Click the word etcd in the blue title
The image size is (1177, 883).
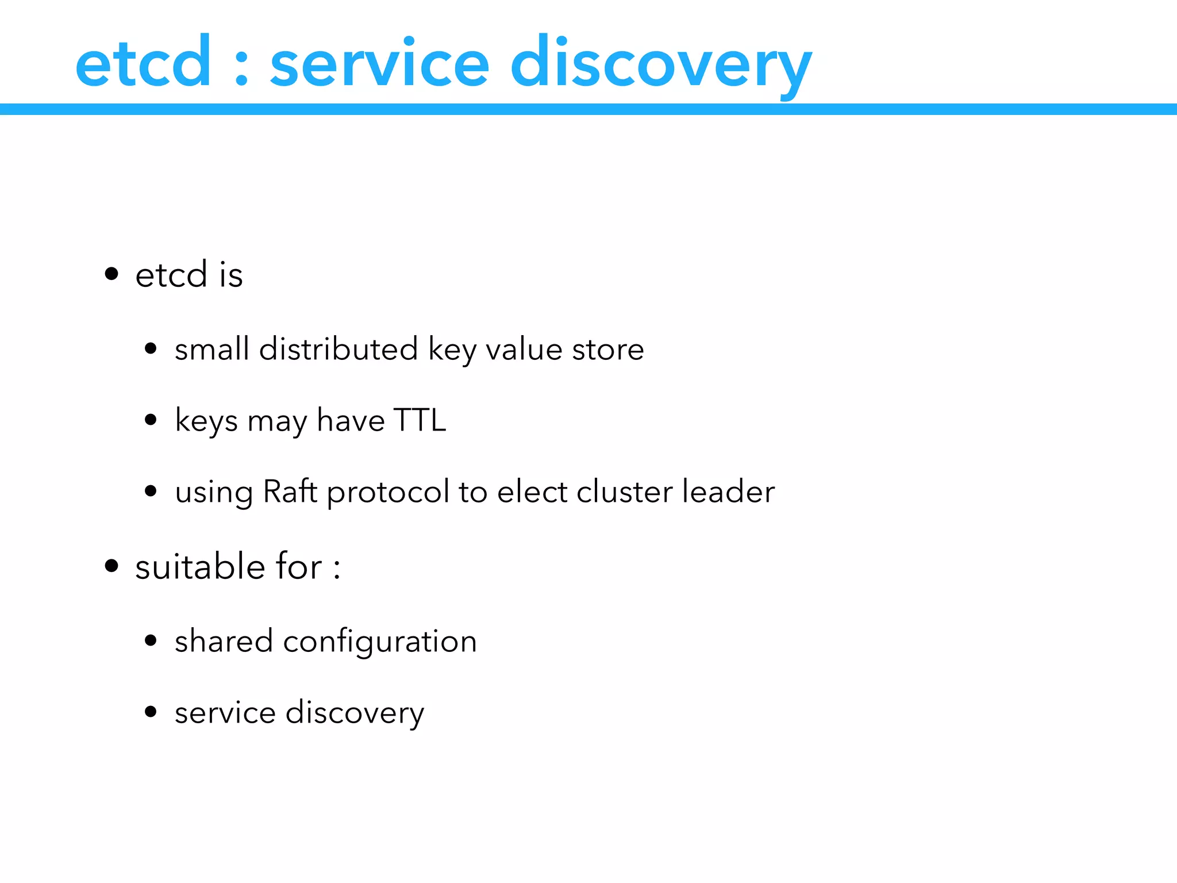(x=143, y=62)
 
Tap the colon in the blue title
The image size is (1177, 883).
(x=241, y=68)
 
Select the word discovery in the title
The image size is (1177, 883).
(x=661, y=63)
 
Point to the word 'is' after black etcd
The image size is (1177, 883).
(x=231, y=274)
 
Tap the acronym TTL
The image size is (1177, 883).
(x=420, y=420)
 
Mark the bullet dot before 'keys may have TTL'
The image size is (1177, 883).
(x=151, y=420)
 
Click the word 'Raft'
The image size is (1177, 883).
(x=290, y=492)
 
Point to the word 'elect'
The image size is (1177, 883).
(x=532, y=492)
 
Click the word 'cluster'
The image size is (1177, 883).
(x=624, y=492)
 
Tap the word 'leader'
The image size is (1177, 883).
(x=728, y=492)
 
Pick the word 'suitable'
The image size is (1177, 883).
(x=200, y=566)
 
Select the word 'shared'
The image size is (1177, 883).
(x=224, y=640)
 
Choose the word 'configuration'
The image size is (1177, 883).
(x=380, y=642)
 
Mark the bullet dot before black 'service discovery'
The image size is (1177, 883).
(x=151, y=712)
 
